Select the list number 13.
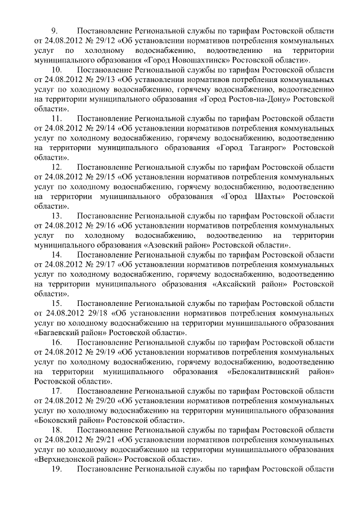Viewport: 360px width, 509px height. (57, 216)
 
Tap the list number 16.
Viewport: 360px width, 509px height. (57, 342)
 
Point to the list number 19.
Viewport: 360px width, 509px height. (57, 468)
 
